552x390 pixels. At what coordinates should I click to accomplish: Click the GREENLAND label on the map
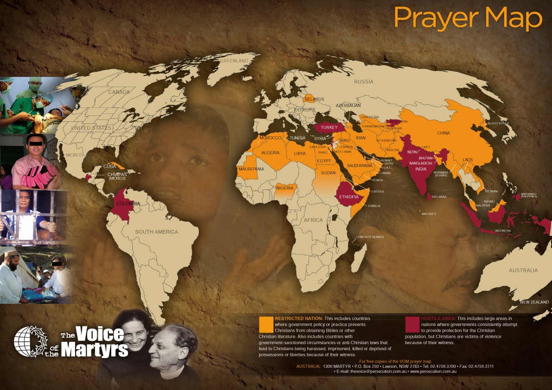click(x=234, y=61)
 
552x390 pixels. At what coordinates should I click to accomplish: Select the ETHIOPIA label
click(x=349, y=197)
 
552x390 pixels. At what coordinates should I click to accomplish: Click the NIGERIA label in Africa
click(x=285, y=188)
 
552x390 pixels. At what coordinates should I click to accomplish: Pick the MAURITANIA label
click(x=252, y=169)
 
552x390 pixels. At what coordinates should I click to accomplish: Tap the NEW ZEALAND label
click(x=534, y=302)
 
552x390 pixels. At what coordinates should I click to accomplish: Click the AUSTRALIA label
click(x=523, y=270)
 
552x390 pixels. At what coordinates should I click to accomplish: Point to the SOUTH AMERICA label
click(x=156, y=232)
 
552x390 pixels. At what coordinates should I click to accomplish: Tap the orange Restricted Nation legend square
click(x=266, y=324)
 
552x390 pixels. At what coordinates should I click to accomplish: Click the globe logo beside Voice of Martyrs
click(x=29, y=342)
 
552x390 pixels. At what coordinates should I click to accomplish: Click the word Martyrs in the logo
click(x=95, y=350)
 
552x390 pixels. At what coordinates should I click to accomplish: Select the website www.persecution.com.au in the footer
click(x=433, y=371)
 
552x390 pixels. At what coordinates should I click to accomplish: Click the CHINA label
click(x=443, y=133)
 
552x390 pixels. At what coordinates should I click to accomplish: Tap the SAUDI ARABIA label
click(x=360, y=165)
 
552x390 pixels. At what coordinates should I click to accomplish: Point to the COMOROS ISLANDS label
click(x=370, y=237)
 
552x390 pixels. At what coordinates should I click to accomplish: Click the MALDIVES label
click(x=429, y=214)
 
